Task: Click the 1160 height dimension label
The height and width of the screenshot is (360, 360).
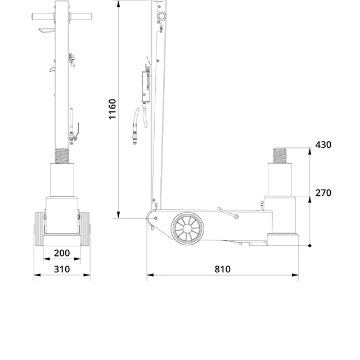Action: (x=112, y=109)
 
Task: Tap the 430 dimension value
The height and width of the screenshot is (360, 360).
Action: (x=323, y=145)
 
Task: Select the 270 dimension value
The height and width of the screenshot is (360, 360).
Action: (x=323, y=193)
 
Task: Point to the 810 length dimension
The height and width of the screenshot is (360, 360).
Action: (x=223, y=269)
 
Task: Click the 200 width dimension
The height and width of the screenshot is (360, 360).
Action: (x=62, y=253)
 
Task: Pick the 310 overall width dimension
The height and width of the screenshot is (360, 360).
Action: (x=62, y=269)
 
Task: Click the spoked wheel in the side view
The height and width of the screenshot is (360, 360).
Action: (x=187, y=228)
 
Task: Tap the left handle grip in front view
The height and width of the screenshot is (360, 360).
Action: (x=43, y=16)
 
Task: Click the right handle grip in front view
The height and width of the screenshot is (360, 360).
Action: (x=81, y=16)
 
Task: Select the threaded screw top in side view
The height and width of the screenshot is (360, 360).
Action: (x=280, y=155)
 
